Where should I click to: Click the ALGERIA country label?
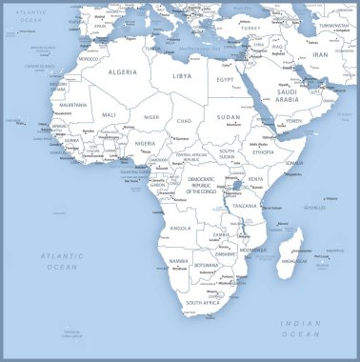122,71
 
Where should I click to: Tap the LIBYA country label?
182,75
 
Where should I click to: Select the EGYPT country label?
226,80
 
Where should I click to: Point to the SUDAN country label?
230,117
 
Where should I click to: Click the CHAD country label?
184,121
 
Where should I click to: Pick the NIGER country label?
150,116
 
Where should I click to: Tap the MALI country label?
110,114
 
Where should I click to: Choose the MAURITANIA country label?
73,105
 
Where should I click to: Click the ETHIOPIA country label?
263,151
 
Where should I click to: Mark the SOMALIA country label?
293,163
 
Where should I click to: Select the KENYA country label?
256,179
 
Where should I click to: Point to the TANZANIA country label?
245,206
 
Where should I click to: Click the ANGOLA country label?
181,229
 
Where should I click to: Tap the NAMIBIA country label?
179,260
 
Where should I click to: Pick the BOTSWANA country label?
206,265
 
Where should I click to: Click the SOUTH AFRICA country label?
202,302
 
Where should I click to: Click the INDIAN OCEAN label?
301,330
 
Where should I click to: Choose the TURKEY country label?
250,29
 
